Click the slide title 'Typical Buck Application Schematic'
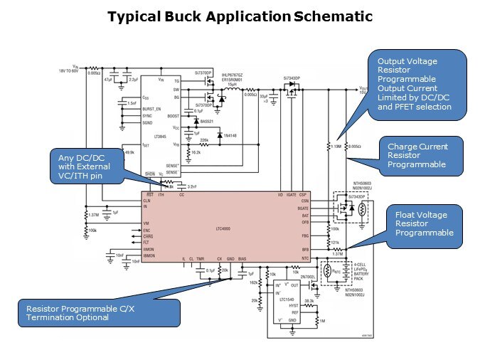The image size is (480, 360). pyautogui.click(x=240, y=16)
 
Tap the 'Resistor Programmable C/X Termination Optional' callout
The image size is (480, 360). pyautogui.click(x=89, y=313)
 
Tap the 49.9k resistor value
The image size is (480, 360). pyautogui.click(x=129, y=152)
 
